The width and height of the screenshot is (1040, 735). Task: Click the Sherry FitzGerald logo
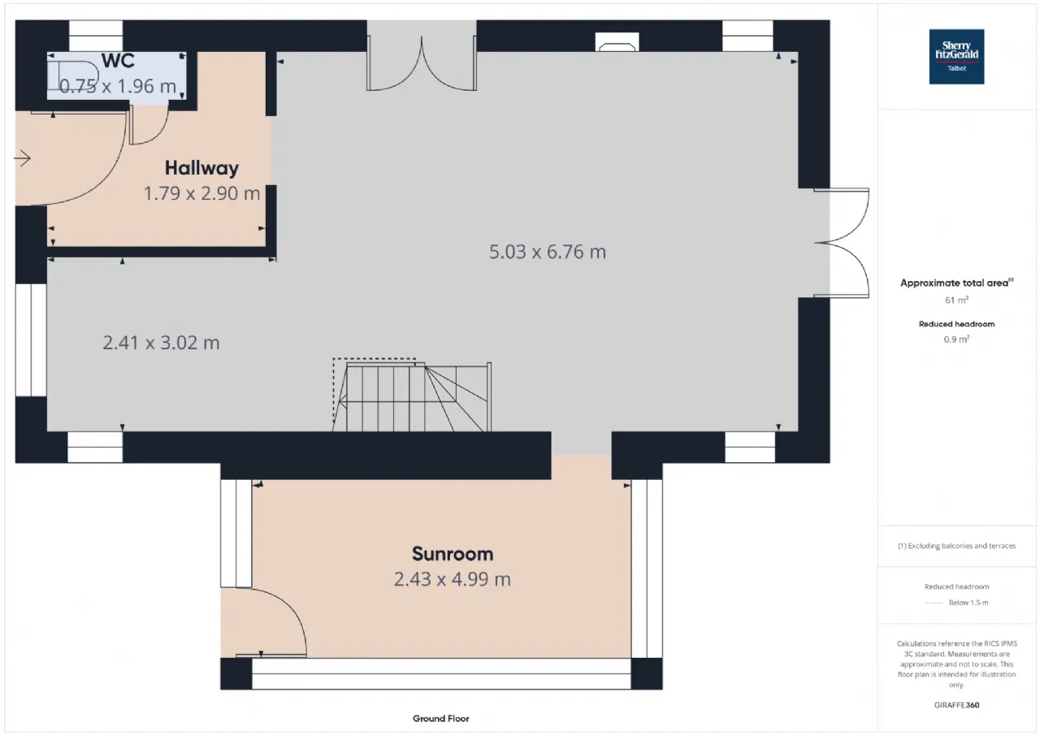[956, 57]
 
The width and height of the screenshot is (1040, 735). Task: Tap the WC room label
[118, 61]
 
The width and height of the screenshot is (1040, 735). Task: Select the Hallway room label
[202, 168]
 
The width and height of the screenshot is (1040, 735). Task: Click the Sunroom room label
[453, 554]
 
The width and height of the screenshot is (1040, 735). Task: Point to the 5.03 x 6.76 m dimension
[548, 252]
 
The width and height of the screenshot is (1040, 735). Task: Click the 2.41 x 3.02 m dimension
[161, 343]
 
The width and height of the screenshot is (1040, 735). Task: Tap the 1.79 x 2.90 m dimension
[202, 193]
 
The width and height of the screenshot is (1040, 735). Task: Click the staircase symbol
[412, 396]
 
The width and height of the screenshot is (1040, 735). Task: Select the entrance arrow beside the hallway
[22, 158]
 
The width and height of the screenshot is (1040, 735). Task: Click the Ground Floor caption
[441, 719]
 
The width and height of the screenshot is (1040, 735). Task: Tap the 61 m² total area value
[957, 300]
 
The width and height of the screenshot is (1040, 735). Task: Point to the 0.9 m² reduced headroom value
[957, 339]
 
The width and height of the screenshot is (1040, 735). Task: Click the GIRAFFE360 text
[957, 705]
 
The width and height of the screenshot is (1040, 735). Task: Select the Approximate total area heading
[957, 283]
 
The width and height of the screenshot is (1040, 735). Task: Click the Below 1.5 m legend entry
[968, 603]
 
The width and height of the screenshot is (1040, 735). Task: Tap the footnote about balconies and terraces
[957, 546]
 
